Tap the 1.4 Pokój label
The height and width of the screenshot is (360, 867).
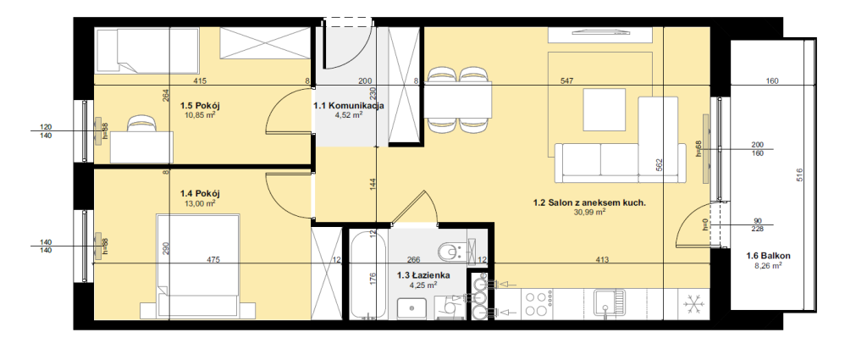click(x=200, y=193)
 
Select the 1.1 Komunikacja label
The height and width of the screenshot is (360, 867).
click(x=349, y=106)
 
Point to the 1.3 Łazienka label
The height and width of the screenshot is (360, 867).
click(x=424, y=274)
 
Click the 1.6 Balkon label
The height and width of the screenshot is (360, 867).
click(x=768, y=256)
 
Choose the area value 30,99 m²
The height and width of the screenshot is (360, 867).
click(x=590, y=211)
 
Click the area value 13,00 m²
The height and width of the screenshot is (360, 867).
click(x=200, y=203)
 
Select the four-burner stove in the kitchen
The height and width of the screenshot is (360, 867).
click(x=535, y=303)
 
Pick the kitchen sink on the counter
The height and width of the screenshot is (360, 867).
click(x=608, y=303)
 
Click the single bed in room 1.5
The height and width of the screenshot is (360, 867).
click(x=147, y=51)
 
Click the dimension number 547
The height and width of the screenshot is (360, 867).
click(x=566, y=81)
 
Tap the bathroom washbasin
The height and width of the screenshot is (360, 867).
click(x=412, y=308)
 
